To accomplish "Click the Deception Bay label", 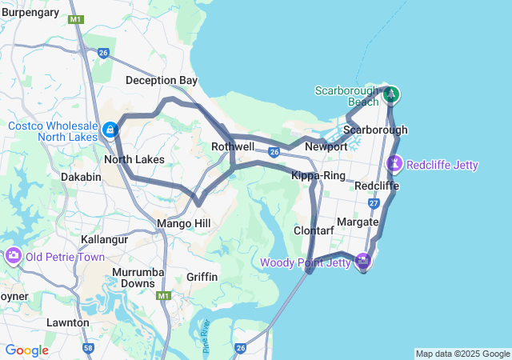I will (x=161, y=81).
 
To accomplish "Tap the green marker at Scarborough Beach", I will (x=391, y=95).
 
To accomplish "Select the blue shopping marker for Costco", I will (x=110, y=130).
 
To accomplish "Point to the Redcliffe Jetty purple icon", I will (x=394, y=164).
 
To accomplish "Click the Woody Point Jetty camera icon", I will (x=363, y=261).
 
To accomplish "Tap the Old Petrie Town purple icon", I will (x=14, y=257).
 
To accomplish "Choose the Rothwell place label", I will (x=233, y=147).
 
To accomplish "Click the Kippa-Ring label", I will (x=318, y=175).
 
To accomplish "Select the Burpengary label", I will (x=30, y=12).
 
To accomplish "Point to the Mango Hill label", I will (x=182, y=222).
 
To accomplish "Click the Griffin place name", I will (x=202, y=277).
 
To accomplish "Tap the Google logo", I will (x=26, y=350).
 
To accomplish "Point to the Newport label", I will (x=326, y=147).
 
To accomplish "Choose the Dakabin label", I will (x=80, y=177).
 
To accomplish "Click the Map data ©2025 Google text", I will (x=462, y=354).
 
